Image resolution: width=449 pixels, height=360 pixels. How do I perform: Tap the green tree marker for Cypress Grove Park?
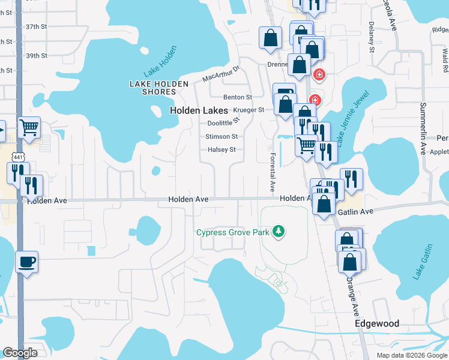tap(278, 231)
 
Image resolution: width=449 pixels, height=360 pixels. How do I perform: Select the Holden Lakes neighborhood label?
tap(199, 110)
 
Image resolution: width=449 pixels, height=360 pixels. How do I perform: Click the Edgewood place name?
tap(377, 323)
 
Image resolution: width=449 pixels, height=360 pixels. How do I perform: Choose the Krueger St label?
tap(249, 110)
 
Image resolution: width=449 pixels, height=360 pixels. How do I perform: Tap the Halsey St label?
tap(221, 149)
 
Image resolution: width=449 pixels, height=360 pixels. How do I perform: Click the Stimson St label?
tap(221, 137)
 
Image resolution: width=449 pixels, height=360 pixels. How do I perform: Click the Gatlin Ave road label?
tap(356, 211)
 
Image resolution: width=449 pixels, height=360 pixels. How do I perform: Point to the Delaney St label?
tap(371, 37)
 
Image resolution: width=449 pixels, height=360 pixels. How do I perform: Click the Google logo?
tap(20, 353)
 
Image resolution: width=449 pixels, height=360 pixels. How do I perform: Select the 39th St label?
tap(36, 56)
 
